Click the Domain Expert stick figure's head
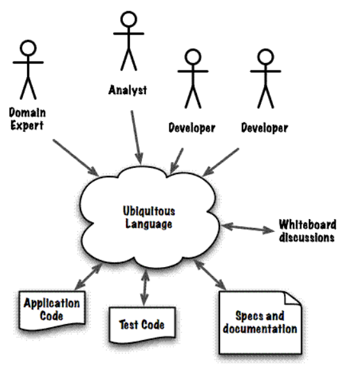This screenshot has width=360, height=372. click(x=27, y=49)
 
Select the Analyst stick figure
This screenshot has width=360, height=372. click(x=127, y=42)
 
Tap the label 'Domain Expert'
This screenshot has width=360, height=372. click(x=26, y=118)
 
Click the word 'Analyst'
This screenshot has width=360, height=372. click(x=127, y=90)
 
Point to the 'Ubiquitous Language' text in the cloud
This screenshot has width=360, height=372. click(x=148, y=218)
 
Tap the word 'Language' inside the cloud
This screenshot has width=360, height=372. click(x=148, y=225)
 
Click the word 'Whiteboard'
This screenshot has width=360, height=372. click(x=308, y=225)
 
